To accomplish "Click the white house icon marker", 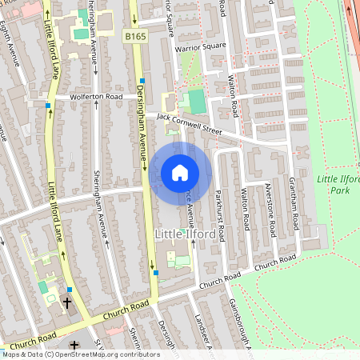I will click(x=180, y=172).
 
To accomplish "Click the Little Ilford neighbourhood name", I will click(x=177, y=234).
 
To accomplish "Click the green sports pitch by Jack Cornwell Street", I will click(x=196, y=102).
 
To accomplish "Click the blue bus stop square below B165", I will click(x=142, y=80).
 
